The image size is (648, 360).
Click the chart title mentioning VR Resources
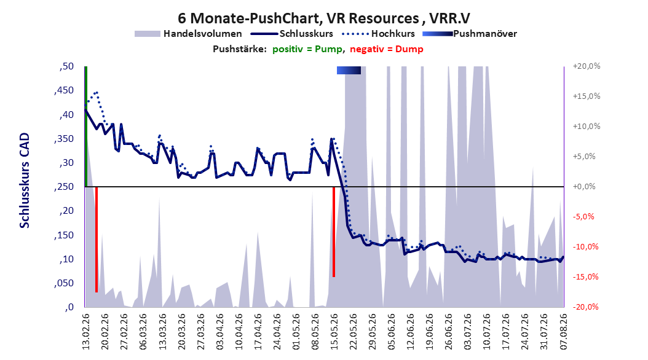click(x=324, y=18)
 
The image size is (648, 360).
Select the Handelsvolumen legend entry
click(x=189, y=34)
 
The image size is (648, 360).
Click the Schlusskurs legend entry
click(x=292, y=34)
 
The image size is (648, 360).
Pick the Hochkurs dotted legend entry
click(x=379, y=34)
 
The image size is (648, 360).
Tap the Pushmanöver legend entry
click(x=470, y=34)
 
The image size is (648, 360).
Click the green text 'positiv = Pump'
click(x=307, y=49)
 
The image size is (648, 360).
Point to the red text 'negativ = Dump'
click(x=387, y=49)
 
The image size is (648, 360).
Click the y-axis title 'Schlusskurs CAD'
click(x=25, y=181)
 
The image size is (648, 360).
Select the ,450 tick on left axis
click(x=64, y=90)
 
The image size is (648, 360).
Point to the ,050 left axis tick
click(x=64, y=283)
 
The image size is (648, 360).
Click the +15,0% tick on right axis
click(x=587, y=96)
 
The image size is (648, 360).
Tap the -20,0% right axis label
click(x=587, y=307)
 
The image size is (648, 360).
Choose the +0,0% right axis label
click(x=584, y=187)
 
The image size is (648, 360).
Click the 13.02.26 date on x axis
click(x=85, y=332)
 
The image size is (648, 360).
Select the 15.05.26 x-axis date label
click(x=334, y=332)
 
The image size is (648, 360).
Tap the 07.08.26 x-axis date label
click(x=563, y=332)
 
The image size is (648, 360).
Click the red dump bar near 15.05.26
click(x=333, y=232)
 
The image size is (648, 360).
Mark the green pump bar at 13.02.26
click(x=85, y=127)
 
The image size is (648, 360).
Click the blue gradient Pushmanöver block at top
click(x=349, y=70)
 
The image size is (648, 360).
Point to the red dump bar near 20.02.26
click(x=97, y=240)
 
